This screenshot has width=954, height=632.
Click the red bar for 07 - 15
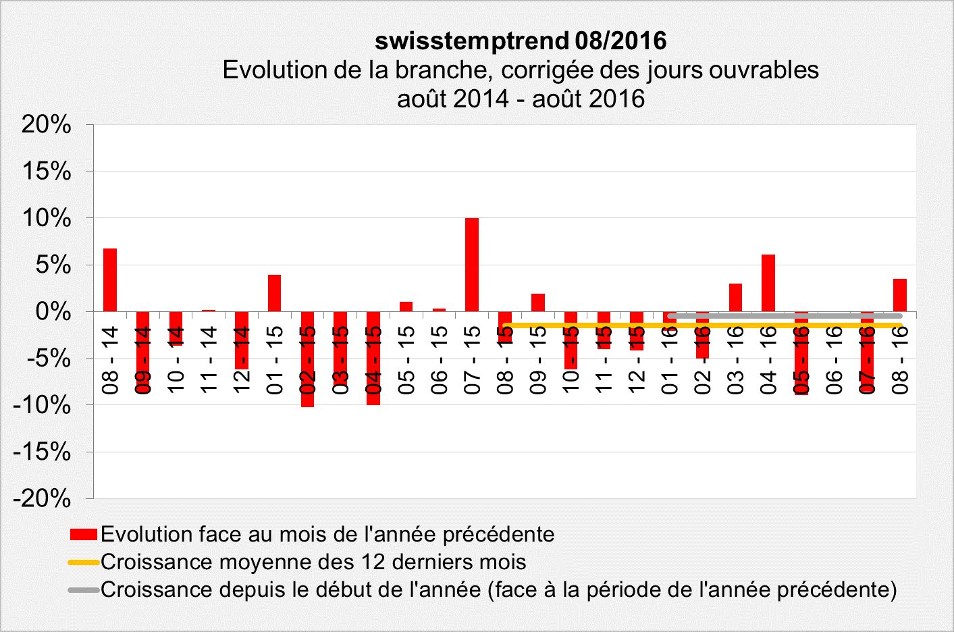pos(472,265)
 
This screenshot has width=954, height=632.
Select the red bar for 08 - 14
pos(110,280)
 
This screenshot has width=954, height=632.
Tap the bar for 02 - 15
pos(307,359)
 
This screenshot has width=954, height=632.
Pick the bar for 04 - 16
pos(768,283)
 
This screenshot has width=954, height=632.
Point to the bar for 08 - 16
pos(900,295)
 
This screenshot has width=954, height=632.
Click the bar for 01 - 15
pos(274,293)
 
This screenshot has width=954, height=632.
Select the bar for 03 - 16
pos(735,298)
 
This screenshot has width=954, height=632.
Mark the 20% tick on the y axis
pos(46,124)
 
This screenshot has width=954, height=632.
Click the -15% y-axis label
pos(42,452)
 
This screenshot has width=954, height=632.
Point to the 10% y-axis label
pos(46,218)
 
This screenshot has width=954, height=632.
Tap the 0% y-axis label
pos(53,312)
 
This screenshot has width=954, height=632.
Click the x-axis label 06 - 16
pos(834,359)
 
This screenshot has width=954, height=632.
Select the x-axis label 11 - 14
pos(209,359)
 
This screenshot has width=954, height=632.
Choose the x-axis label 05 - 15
pos(406,359)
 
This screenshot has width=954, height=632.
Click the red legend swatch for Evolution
pos(84,535)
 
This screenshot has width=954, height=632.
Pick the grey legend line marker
pos(84,590)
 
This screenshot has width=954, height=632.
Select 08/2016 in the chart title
pos(621,41)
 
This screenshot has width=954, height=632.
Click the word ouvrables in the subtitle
pos(763,70)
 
